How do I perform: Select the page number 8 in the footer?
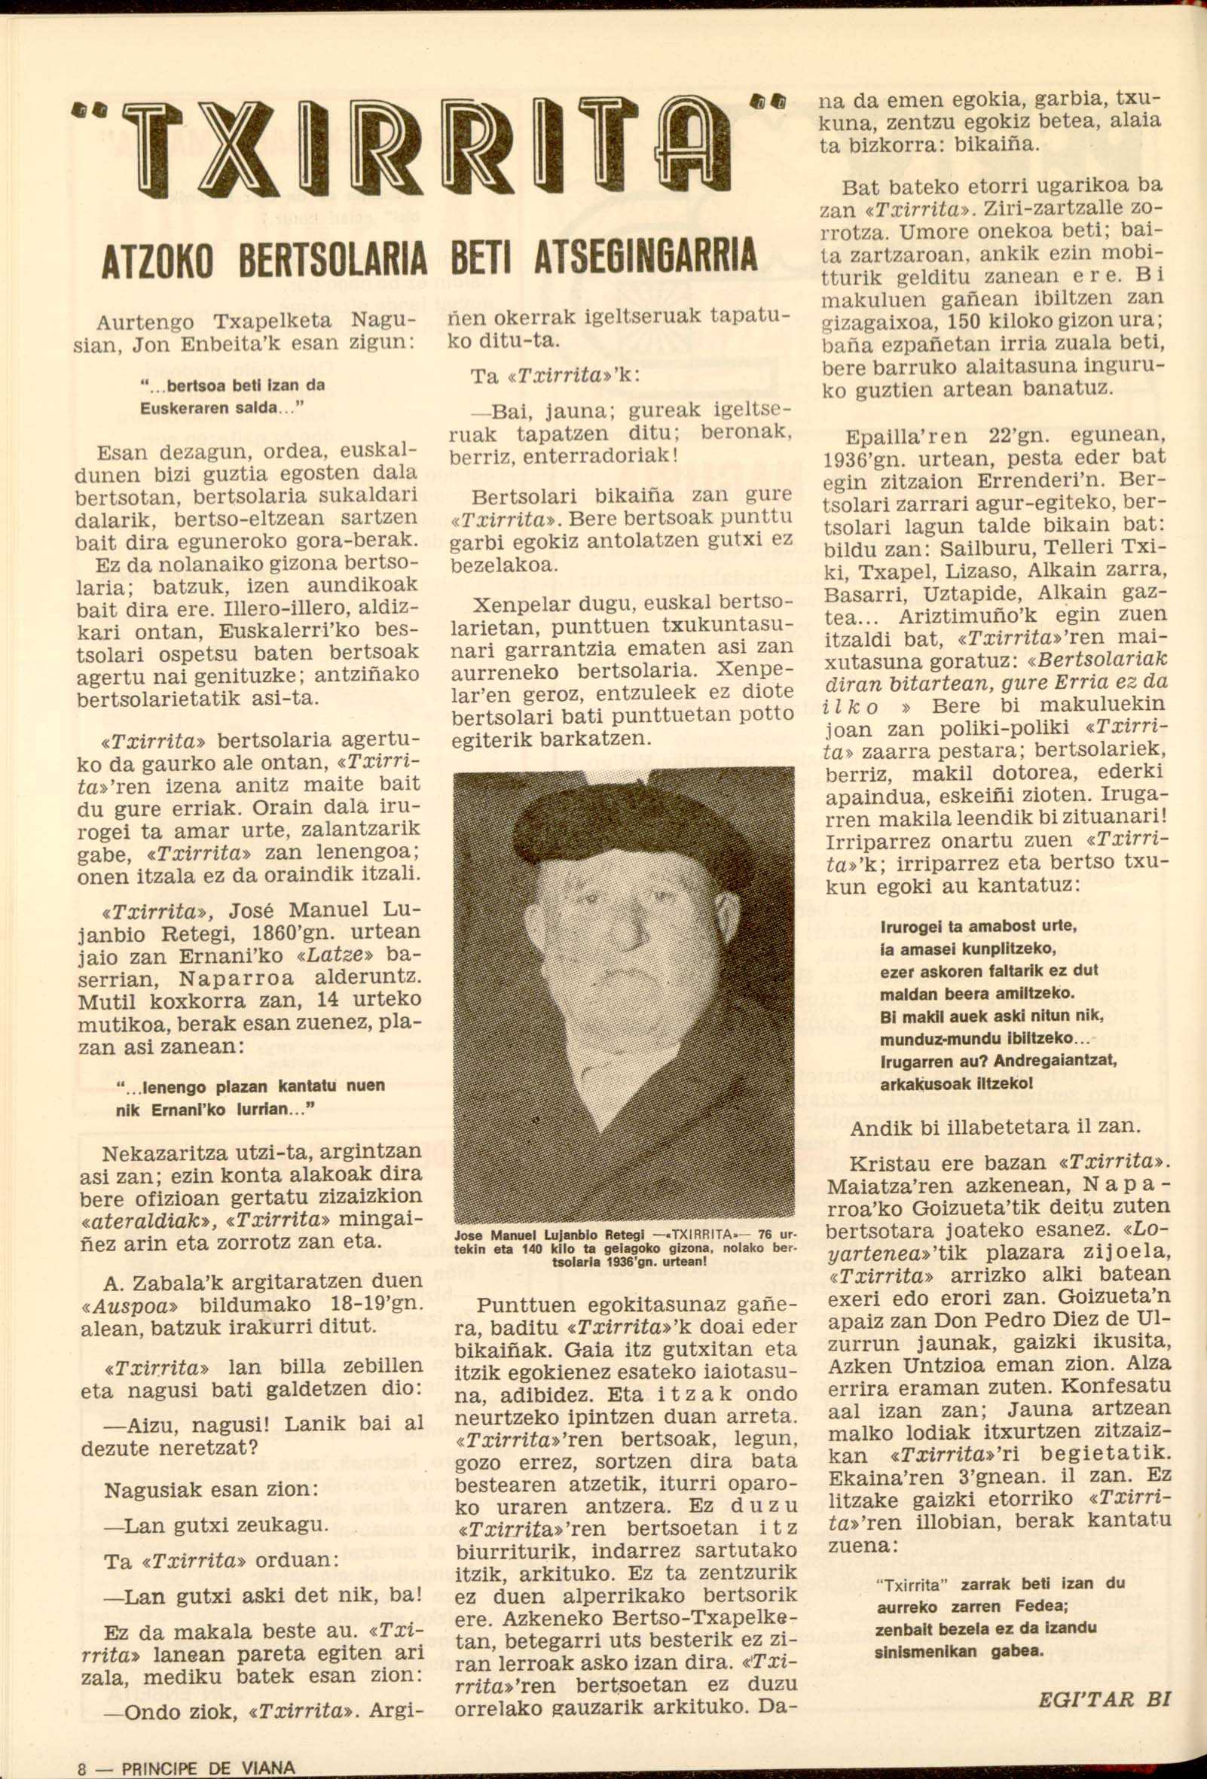pyautogui.click(x=82, y=1768)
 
